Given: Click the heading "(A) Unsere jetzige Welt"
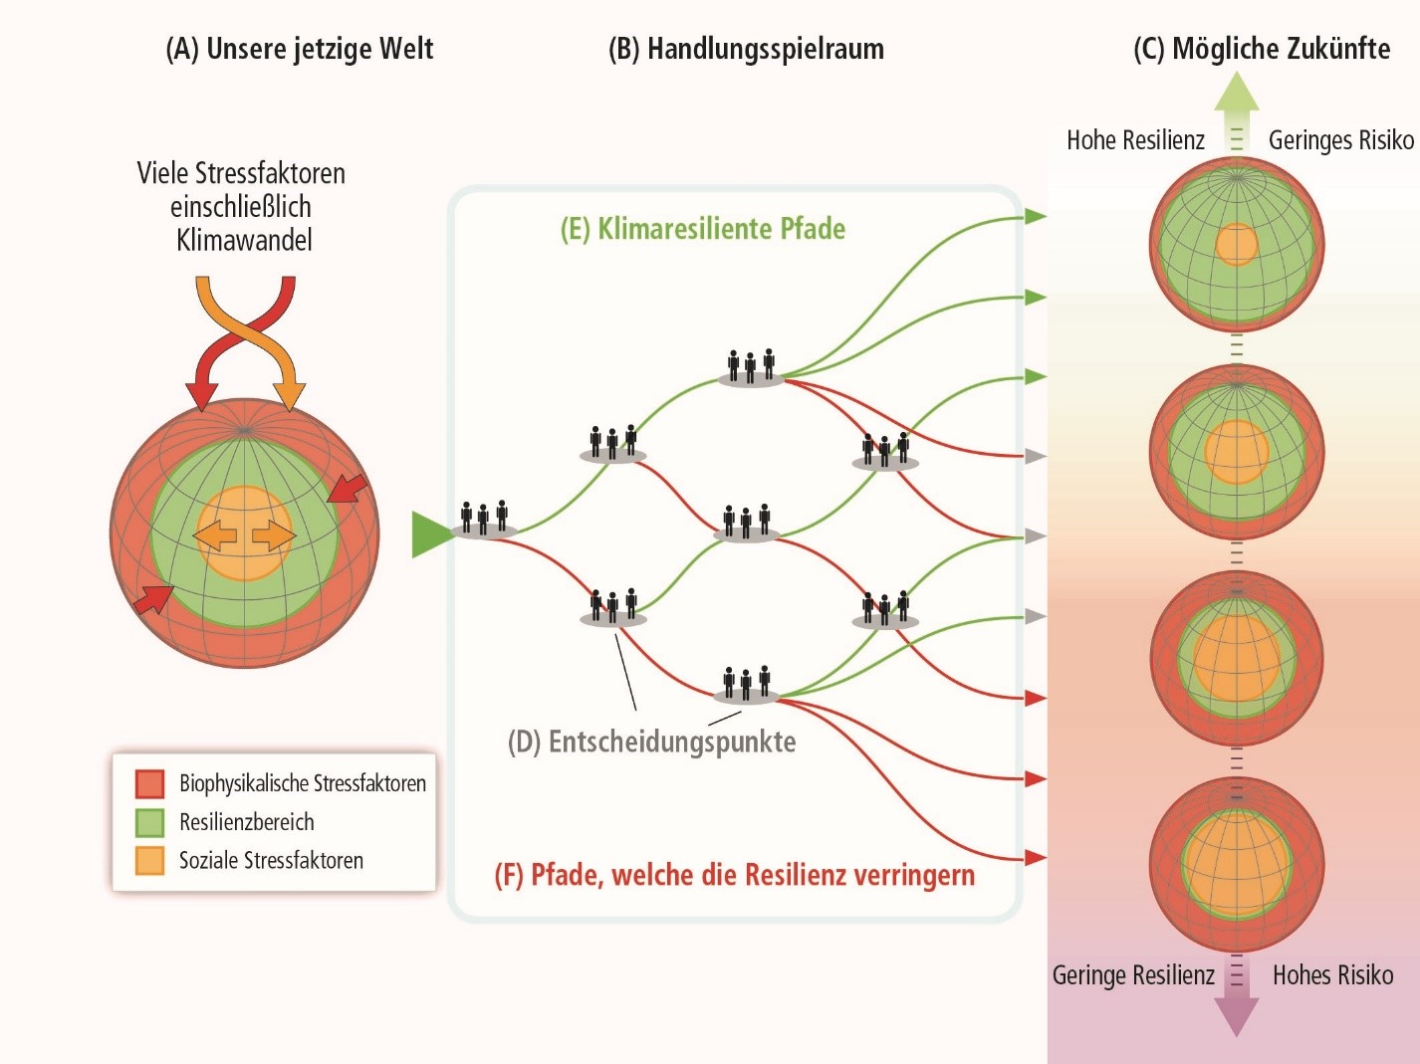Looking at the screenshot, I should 299,49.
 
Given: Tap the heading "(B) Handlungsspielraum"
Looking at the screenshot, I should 746,49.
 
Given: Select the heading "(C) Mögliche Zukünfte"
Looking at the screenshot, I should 1262,49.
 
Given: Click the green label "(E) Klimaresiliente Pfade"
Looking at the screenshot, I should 703,229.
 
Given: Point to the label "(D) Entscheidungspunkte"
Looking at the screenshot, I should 652,742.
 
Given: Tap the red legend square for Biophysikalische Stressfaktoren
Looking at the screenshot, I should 149,783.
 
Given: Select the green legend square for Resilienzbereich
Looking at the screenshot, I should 149,822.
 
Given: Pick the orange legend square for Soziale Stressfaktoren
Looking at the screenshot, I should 149,860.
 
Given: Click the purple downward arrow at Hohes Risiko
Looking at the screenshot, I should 1237,1013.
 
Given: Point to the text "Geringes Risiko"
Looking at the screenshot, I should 1340,140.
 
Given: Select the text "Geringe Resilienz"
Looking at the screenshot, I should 1133,974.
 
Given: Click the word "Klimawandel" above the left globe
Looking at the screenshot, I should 244,240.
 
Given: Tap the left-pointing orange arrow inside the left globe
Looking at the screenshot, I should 214,536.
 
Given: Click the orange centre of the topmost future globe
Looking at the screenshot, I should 1237,245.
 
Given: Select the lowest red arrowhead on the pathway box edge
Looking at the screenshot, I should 1035,857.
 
